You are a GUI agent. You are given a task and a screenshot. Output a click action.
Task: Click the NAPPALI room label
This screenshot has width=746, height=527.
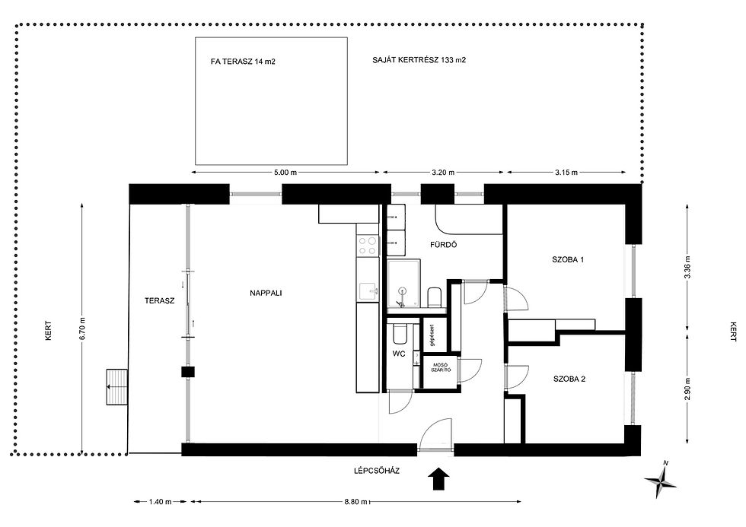(266, 294)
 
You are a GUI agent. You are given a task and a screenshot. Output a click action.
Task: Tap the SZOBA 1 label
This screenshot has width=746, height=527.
(568, 260)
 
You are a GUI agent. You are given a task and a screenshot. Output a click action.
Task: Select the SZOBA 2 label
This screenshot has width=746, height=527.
(569, 379)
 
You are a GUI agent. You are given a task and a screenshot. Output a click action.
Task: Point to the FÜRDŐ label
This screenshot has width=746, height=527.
(443, 245)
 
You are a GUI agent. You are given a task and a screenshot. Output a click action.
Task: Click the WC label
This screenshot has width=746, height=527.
(399, 354)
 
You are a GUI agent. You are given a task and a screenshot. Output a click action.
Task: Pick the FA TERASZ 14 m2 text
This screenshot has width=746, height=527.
(243, 62)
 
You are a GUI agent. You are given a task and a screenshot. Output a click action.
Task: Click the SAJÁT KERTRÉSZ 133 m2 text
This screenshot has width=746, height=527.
(419, 60)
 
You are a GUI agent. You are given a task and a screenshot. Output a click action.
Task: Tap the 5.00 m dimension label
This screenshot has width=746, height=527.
(285, 173)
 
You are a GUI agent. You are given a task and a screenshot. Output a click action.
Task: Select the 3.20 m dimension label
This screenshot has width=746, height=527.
(443, 173)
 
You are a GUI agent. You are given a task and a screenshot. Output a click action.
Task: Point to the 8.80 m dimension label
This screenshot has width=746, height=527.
(356, 502)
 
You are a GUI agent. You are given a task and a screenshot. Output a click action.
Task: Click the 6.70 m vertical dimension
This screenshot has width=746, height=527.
(82, 329)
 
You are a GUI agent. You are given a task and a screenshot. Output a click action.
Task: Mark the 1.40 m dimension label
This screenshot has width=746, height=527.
(161, 502)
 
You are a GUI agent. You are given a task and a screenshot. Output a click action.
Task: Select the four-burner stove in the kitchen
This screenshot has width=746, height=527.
(367, 246)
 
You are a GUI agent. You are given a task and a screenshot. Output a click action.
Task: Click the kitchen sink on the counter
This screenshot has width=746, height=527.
(368, 291)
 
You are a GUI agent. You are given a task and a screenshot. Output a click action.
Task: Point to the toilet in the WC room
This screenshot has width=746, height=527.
(400, 334)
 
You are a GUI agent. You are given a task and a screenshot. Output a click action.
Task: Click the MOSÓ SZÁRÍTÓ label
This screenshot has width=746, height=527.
(441, 367)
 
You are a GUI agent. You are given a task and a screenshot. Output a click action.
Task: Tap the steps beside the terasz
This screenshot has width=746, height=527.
(117, 387)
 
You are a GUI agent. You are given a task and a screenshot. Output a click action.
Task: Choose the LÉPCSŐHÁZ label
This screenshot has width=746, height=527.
(377, 471)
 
